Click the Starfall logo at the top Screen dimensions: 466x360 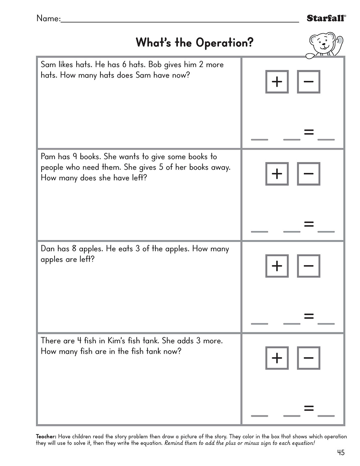(x=326, y=18)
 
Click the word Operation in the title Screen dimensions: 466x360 (x=224, y=43)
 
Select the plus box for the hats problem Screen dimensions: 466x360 (x=277, y=82)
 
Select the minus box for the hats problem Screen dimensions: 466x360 (x=308, y=82)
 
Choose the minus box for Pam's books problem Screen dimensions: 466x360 (x=308, y=174)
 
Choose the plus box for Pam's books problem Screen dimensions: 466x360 (x=277, y=174)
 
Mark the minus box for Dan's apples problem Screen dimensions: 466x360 (x=308, y=266)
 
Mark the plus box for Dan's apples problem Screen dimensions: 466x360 (x=277, y=266)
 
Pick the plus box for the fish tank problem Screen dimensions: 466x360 (x=277, y=358)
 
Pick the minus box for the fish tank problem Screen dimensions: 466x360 (x=308, y=358)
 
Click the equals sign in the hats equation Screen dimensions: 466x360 (x=309, y=132)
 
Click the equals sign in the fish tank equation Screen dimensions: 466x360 (x=309, y=408)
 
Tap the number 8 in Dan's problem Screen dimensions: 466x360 (x=74, y=249)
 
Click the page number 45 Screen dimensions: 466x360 (x=340, y=452)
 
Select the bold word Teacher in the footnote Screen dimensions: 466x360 (x=46, y=436)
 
